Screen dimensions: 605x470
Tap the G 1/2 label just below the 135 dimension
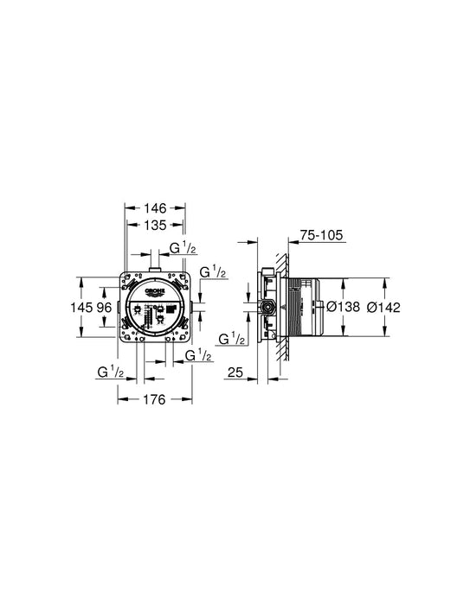click(x=182, y=249)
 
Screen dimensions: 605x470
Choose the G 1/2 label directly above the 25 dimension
click(x=231, y=339)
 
